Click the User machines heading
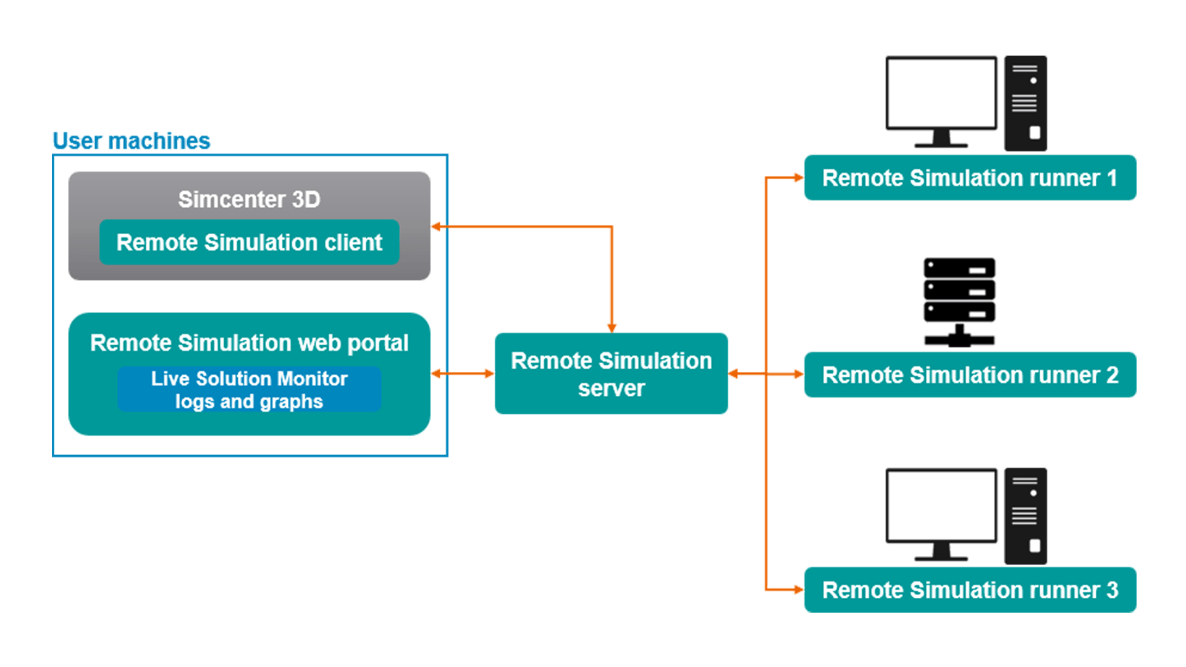[x=131, y=141]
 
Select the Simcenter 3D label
[x=249, y=199]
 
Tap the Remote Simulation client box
[x=249, y=242]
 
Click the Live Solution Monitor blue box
[x=249, y=389]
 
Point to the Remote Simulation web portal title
[x=249, y=343]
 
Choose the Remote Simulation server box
[x=611, y=374]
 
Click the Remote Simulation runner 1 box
[x=970, y=178]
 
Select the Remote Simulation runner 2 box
[x=970, y=375]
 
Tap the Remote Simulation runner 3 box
[x=970, y=590]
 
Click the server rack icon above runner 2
[x=959, y=301]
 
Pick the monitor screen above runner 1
[x=941, y=93]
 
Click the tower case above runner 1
[x=1025, y=103]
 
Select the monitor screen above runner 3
[x=941, y=505]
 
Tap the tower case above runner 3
[x=1025, y=516]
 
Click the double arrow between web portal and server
[x=463, y=374]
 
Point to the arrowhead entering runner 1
[x=798, y=178]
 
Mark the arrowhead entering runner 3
[x=798, y=590]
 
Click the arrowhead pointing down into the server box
[x=612, y=328]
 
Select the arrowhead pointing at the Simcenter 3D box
[x=436, y=227]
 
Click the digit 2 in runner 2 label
[x=1112, y=375]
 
